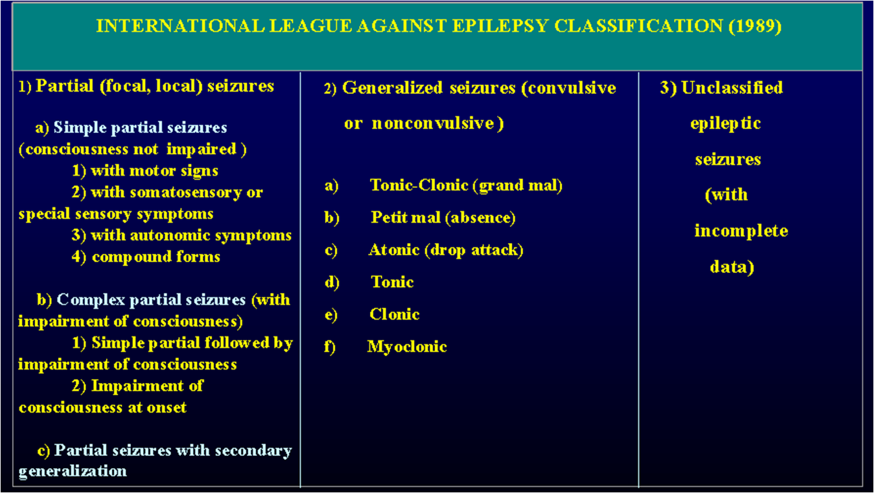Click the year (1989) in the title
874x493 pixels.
click(x=755, y=26)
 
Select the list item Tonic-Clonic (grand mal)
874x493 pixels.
click(x=466, y=185)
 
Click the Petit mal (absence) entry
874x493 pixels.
click(x=443, y=217)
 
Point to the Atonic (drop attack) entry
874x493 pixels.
click(x=446, y=251)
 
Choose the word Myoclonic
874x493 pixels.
click(x=407, y=347)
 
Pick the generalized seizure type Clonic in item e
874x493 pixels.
click(x=394, y=314)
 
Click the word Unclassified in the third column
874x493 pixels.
click(x=732, y=88)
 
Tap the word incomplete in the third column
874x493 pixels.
click(x=741, y=231)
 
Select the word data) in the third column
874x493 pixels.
click(x=732, y=267)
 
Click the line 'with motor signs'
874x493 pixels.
click(x=155, y=171)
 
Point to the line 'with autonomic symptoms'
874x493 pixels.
click(x=191, y=235)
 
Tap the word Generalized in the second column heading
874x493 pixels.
click(x=392, y=88)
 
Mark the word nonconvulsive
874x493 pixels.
click(x=433, y=123)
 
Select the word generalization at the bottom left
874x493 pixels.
click(x=73, y=471)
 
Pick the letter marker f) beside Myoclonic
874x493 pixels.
click(x=330, y=347)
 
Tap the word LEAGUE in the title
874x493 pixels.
click(x=310, y=26)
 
